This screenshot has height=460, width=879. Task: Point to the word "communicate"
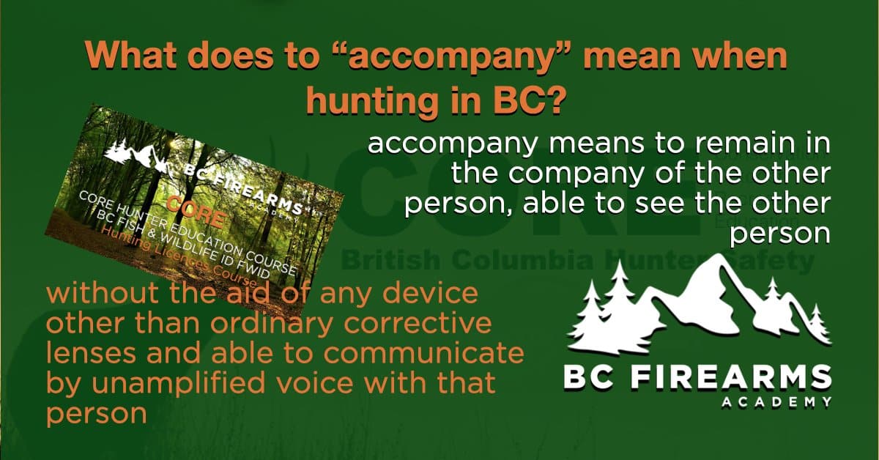435,355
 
